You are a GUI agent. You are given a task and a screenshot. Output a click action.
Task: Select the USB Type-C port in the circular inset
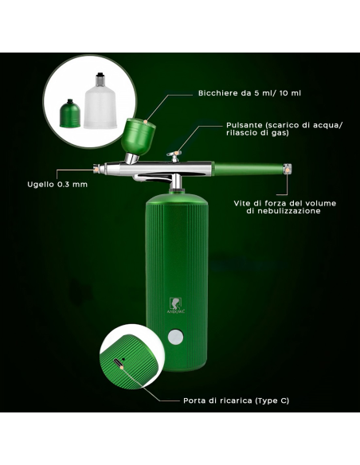tap(119, 362)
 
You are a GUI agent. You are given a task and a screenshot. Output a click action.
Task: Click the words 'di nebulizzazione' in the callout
tap(272, 212)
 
